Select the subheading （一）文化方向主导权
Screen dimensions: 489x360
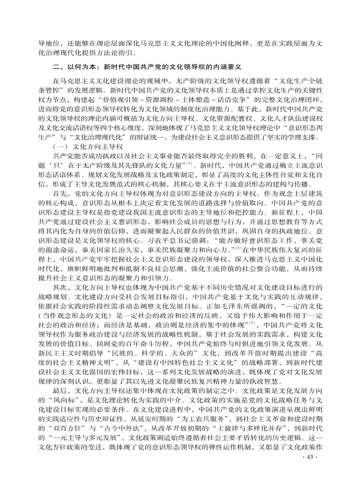point(88,147)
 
